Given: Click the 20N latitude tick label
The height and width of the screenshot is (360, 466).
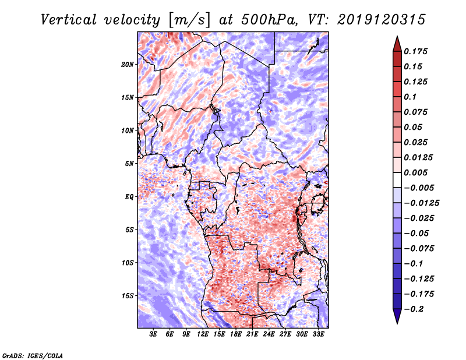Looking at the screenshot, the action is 127,64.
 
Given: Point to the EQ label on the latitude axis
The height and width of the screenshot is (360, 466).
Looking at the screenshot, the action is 129,197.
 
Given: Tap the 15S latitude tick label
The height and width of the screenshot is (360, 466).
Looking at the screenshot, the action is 127,296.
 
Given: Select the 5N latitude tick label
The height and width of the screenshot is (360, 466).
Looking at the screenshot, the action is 129,164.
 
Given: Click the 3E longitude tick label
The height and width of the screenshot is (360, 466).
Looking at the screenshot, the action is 153,334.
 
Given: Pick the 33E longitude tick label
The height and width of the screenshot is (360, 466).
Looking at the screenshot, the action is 318,334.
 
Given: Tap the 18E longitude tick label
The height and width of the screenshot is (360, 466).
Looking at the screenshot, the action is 236,334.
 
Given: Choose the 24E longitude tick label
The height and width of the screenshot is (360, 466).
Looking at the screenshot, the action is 269,334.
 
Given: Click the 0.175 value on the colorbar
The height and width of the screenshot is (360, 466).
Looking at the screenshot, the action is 415,51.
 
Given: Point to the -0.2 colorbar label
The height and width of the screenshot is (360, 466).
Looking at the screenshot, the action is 414,309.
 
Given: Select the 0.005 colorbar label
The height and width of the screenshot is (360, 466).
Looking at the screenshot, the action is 415,172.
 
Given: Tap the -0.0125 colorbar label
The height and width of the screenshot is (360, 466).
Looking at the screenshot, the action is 421,203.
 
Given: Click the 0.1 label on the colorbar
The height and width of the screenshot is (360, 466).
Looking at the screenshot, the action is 410,97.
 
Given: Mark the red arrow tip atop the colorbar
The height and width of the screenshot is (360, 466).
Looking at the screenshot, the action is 397,36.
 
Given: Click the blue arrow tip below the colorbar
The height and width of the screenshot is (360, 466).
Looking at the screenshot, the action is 397,323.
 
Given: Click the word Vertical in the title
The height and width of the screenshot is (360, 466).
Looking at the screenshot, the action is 69,20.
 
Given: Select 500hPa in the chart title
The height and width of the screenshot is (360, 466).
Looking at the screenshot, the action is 269,20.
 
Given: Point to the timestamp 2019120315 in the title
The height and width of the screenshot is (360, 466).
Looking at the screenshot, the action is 382,20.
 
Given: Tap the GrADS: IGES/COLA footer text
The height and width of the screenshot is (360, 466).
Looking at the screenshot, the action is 33,355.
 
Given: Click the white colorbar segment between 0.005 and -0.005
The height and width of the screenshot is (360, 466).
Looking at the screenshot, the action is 397,180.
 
